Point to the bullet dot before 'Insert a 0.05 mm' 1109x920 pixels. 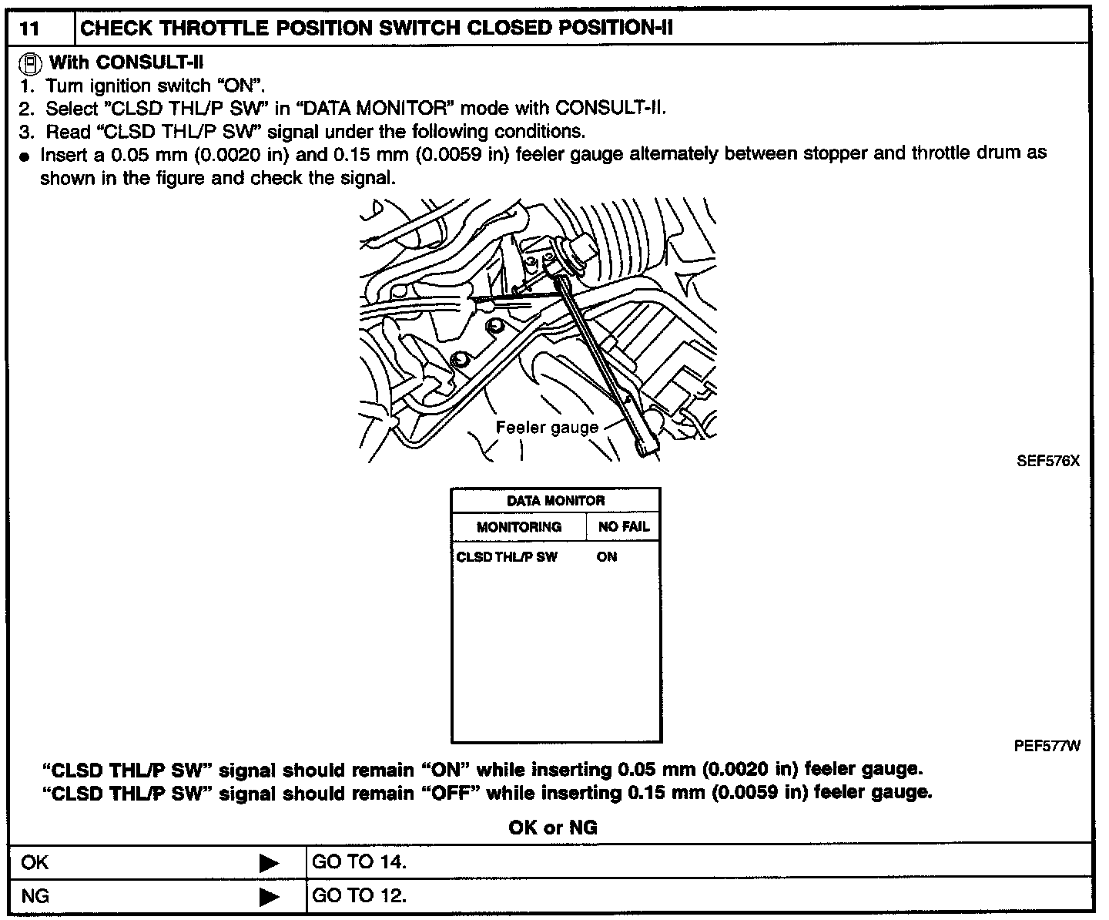click(25, 156)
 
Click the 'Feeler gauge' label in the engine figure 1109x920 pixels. click(547, 428)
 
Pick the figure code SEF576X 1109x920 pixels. click(1048, 462)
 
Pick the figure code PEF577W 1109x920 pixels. click(1047, 746)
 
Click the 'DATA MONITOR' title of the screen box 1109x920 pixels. click(555, 501)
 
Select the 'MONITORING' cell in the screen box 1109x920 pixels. click(519, 527)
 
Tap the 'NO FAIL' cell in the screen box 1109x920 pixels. click(624, 527)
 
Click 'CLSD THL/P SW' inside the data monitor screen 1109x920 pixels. click(507, 557)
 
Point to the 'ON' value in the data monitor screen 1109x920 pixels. click(607, 557)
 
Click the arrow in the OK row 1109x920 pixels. click(270, 862)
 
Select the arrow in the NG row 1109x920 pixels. click(270, 897)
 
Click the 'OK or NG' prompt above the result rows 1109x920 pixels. click(553, 828)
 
